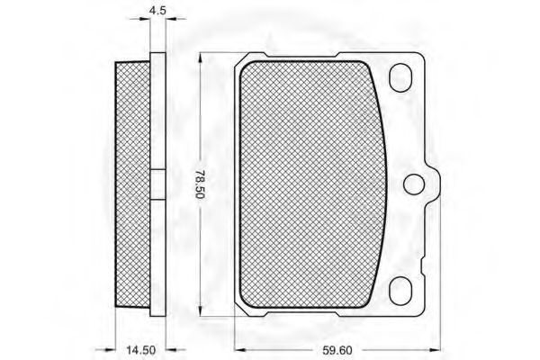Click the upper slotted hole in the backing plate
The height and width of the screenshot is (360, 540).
[x=400, y=78]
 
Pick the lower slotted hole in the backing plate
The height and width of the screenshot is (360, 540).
[x=400, y=291]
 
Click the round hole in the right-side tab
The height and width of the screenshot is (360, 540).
[x=414, y=184]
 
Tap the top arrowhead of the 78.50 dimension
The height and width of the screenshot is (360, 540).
[x=200, y=58]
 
